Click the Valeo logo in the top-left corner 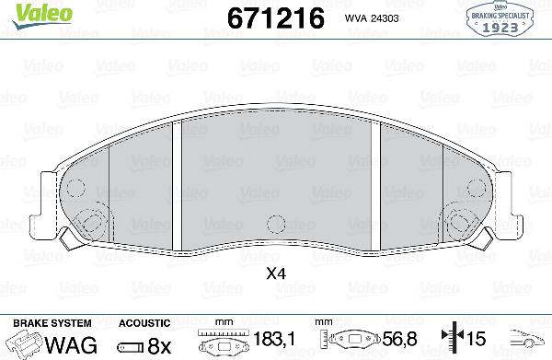(29, 11)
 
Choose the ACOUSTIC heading (144, 324)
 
